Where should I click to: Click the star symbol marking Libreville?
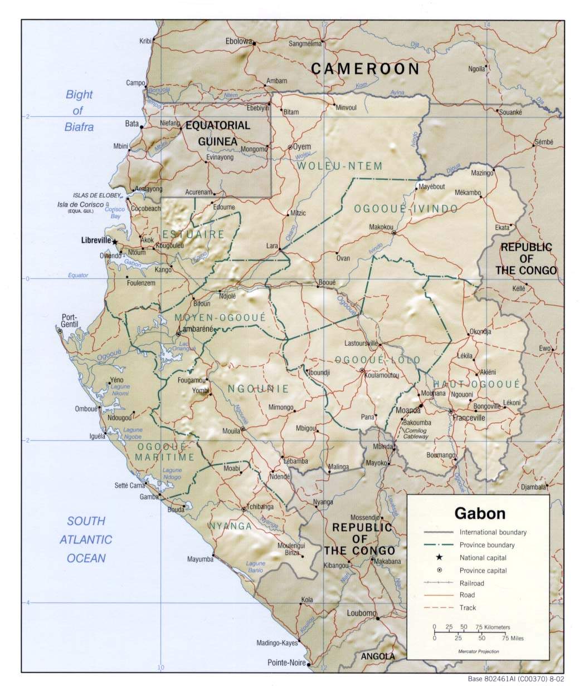(x=115, y=242)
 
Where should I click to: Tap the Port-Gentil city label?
(x=70, y=321)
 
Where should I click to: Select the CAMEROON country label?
(x=365, y=69)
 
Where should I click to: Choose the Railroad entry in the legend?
(x=471, y=583)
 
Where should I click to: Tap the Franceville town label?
(x=469, y=418)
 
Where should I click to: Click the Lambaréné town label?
(x=197, y=329)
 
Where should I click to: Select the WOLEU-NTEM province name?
(x=339, y=166)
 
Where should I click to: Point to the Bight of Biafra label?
(x=79, y=111)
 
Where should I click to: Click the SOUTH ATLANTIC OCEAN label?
(x=86, y=539)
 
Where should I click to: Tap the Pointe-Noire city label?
(x=286, y=662)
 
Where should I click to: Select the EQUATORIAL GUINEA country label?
(x=218, y=134)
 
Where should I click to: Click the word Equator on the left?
(x=78, y=275)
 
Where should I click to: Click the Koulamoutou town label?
(x=382, y=375)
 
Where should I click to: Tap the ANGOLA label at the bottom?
(x=377, y=656)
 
